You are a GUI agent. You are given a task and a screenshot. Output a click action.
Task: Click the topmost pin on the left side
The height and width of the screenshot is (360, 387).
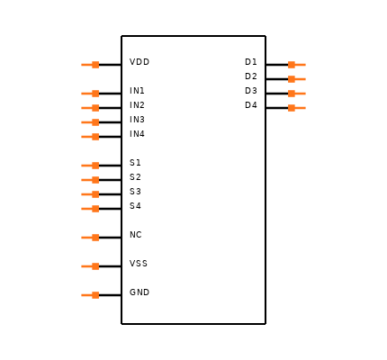coord(90,65)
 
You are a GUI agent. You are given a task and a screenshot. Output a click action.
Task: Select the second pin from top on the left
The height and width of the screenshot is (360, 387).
coord(90,94)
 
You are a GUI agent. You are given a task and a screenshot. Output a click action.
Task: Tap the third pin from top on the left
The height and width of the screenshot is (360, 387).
coord(90,108)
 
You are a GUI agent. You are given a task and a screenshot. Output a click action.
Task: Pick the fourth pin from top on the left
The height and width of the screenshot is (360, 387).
coord(90,122)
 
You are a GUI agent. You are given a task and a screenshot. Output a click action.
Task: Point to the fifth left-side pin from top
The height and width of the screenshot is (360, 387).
coord(90,137)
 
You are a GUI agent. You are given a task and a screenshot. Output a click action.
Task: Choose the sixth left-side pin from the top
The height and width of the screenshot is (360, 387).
coord(90,166)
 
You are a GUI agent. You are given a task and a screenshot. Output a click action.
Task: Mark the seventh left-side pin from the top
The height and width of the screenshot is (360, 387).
coord(90,180)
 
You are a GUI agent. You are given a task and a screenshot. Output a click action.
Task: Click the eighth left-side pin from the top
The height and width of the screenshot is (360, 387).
coord(90,194)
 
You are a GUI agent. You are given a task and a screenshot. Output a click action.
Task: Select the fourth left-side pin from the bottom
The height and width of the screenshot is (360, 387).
coord(90,209)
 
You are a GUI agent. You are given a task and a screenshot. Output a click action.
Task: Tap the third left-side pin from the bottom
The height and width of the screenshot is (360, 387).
coord(90,238)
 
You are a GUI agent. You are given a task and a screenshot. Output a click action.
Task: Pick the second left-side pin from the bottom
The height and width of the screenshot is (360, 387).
coord(90,266)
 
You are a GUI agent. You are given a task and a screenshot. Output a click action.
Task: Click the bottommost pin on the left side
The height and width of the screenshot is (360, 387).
coord(90,295)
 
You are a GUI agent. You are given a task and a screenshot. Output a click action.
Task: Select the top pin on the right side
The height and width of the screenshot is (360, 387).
coord(297,65)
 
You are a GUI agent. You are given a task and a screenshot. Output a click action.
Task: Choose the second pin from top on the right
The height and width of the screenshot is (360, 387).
coord(297,79)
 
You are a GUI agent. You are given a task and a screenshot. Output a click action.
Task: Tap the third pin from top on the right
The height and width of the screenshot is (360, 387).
coord(297,94)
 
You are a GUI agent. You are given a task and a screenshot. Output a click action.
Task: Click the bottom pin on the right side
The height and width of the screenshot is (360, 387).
coord(297,108)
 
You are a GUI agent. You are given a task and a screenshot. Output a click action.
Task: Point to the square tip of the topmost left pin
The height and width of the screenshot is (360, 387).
coord(95,65)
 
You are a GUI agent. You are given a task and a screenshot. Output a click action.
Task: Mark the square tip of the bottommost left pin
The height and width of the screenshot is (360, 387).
coord(95,295)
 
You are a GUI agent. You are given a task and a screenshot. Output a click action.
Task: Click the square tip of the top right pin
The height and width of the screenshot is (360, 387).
coord(292,65)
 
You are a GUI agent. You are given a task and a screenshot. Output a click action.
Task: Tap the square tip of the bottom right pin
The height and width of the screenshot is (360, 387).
coord(292,108)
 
